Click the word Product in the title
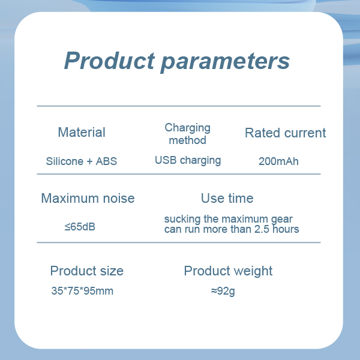(x=110, y=60)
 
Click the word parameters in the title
(x=225, y=62)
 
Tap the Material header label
(x=82, y=132)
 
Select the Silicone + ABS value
(x=81, y=161)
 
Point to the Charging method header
(x=187, y=134)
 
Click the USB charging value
(x=188, y=160)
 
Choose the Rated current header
(x=286, y=133)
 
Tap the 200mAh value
(x=278, y=161)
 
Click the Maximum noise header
(x=88, y=198)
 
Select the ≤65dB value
(x=80, y=227)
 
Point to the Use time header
(x=227, y=198)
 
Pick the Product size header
(x=87, y=271)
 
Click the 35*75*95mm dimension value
(x=82, y=291)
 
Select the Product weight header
(x=228, y=271)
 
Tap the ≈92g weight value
(x=223, y=291)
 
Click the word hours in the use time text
(x=286, y=229)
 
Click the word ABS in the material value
(x=106, y=161)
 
